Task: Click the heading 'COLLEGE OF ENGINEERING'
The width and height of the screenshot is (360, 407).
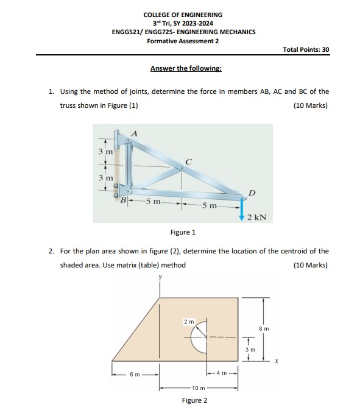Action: coord(183,15)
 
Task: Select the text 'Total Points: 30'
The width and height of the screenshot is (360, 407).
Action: coord(306,49)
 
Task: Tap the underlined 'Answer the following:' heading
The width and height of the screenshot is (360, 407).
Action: coord(186,68)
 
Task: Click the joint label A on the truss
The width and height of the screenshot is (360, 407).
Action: coord(135,133)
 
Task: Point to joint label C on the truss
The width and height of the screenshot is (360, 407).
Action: coord(189,162)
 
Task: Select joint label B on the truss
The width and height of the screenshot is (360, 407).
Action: coord(124,199)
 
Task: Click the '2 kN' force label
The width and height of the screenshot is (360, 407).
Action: coord(256,216)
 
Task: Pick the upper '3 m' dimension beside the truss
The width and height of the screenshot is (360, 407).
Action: coord(105,151)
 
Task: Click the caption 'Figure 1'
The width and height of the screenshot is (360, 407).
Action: coord(183,232)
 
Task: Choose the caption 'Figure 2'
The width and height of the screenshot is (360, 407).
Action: coord(194,400)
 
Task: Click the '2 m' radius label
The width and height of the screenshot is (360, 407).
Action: coord(189,321)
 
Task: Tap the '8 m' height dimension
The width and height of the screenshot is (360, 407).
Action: coord(264,328)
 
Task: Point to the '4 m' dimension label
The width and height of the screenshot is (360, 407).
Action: coord(222,373)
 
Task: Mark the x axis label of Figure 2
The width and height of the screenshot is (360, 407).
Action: coord(276,361)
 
